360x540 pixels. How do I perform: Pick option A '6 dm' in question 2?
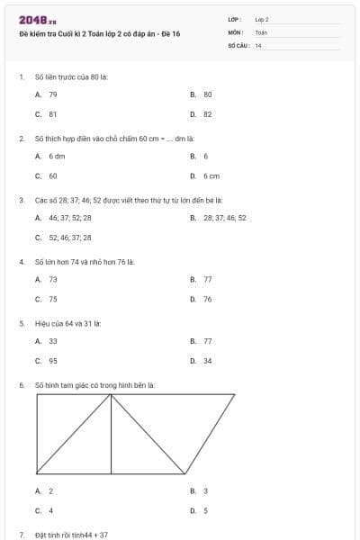[57, 157]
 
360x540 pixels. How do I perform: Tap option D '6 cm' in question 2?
[211, 176]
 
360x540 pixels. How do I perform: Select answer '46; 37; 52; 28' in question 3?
[69, 218]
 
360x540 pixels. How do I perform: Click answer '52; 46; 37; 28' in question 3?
[69, 238]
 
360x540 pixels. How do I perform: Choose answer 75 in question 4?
[53, 300]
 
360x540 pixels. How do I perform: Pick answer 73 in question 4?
[53, 280]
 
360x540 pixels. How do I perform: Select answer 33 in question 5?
[53, 342]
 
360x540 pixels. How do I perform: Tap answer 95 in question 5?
[53, 361]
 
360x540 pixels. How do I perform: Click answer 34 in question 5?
[207, 361]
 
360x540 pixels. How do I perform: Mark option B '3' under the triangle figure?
[205, 490]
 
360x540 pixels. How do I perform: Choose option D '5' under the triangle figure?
[205, 510]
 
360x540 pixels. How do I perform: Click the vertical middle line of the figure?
[111, 434]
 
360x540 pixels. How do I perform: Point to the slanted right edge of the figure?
[210, 434]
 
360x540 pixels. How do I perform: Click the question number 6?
[21, 385]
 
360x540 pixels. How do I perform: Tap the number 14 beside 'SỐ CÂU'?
[258, 45]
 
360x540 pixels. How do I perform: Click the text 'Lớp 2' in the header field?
[262, 19]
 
